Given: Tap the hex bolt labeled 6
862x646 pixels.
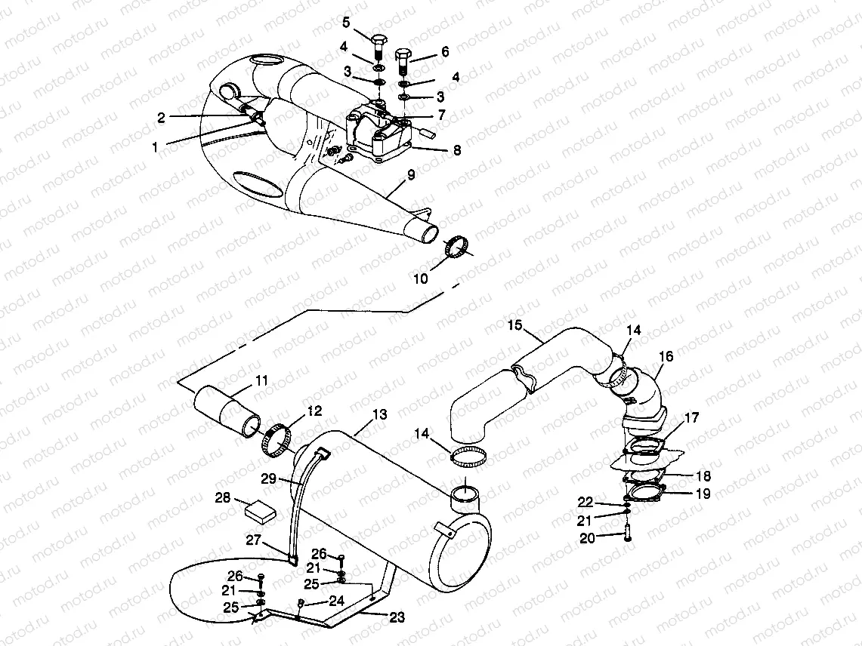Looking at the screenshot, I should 403,60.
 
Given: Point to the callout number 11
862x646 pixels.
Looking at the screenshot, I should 261,380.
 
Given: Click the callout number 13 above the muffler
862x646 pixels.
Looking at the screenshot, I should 379,414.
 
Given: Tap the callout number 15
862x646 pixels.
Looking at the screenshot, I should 514,325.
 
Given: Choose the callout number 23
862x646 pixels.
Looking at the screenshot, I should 397,617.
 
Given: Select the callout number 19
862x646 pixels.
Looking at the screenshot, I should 703,494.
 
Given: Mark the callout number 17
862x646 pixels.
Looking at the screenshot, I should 692,417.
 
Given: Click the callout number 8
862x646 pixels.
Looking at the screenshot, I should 456,149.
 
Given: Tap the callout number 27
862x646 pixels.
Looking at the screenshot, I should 253,539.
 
